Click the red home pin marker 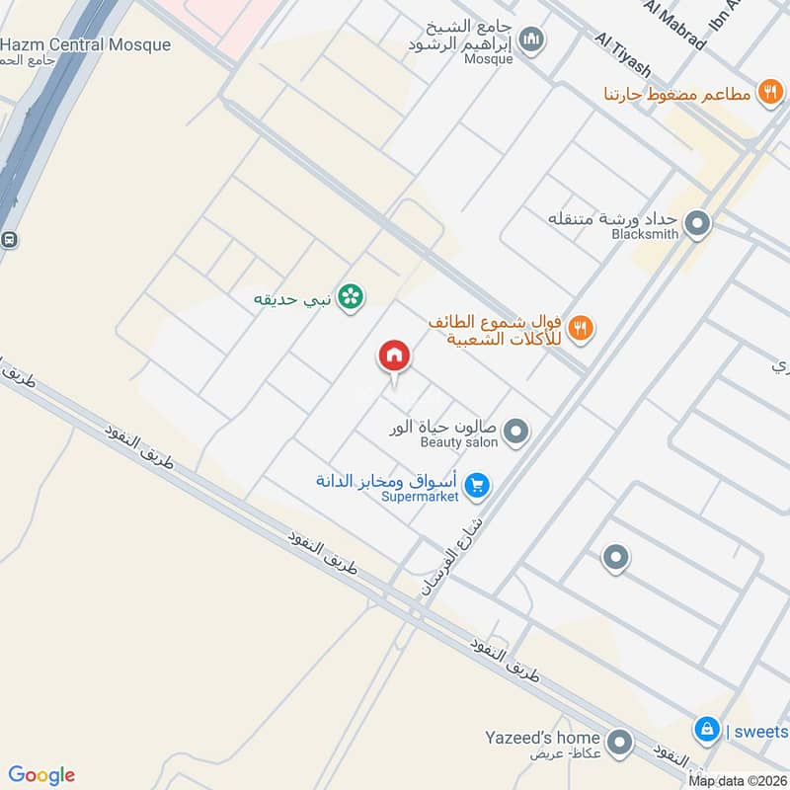pos(394,355)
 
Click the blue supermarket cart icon pos(479,485)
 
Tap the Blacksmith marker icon pos(698,224)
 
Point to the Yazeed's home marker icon pos(619,741)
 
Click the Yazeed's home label pos(542,738)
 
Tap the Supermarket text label pos(421,497)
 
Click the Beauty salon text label pos(445,442)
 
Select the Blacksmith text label pos(645,234)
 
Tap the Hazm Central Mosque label pos(85,44)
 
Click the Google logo pos(41,775)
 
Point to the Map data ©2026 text pos(738,781)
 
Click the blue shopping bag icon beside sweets pos(706,731)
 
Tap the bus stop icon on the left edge pos(9,239)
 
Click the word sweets pos(761,732)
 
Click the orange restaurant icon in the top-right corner pos(769,93)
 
